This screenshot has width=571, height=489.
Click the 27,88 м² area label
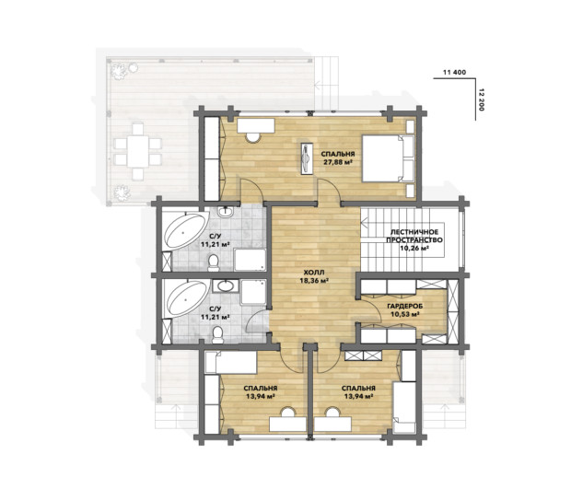coord(339,162)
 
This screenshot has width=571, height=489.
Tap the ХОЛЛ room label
coord(314,273)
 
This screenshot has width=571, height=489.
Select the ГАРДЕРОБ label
coord(405,307)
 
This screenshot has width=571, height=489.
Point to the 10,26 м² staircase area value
coord(414,248)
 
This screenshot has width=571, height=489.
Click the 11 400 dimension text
coord(454,72)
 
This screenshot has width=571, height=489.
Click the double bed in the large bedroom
coord(389,158)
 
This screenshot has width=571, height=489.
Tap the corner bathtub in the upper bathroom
coord(185,231)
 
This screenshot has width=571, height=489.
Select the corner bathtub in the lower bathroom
coord(186,298)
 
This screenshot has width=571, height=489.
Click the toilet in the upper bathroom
coord(214,262)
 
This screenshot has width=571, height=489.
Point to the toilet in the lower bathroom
coord(217,334)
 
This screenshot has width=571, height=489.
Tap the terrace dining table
coord(137,151)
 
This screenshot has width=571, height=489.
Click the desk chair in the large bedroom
coord(253,137)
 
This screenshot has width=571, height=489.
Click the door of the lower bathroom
coord(258,321)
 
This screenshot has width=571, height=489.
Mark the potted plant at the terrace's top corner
coord(120,71)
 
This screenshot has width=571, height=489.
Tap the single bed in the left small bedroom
coord(231,362)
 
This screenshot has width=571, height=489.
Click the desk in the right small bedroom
coord(333,425)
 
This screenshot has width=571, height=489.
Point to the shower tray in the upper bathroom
coord(250,260)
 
